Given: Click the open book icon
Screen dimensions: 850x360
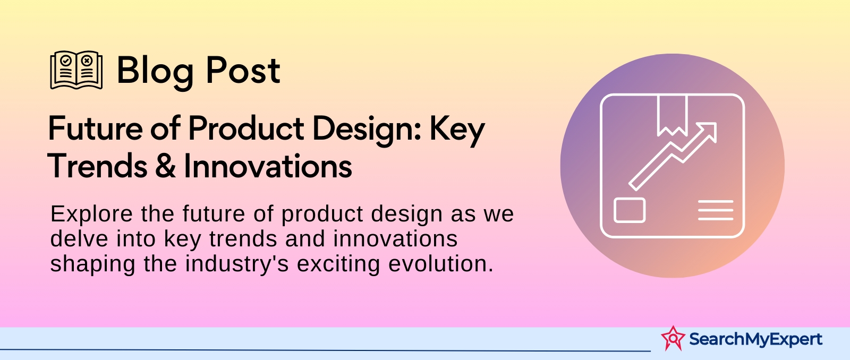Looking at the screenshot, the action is tap(76, 70).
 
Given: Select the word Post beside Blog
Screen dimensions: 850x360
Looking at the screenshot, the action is tap(243, 70).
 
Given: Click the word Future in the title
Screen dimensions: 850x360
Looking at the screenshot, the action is tap(95, 128).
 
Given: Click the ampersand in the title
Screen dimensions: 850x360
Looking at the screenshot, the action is tap(165, 166).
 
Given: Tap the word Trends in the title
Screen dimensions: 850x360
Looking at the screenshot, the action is tap(97, 166).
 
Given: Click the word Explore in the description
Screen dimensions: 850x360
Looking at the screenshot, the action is tap(91, 215).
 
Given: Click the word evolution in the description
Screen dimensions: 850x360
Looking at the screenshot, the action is tap(440, 264).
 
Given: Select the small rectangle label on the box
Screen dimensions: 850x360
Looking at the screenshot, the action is tap(630, 210).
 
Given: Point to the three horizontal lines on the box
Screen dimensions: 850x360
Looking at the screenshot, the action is tap(716, 210).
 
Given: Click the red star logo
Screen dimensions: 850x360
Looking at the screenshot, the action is tap(673, 338).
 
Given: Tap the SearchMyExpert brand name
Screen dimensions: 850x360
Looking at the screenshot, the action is tap(755, 339).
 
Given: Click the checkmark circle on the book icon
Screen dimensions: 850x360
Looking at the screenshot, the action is tap(66, 61).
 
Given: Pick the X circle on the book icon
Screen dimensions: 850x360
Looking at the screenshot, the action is tap(87, 61).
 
